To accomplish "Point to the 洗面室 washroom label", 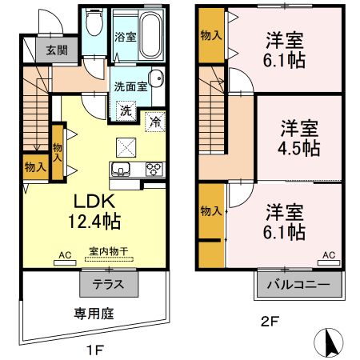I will (129, 86).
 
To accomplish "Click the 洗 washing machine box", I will (126, 111).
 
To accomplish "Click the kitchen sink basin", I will (122, 168).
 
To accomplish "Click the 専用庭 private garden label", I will (94, 313).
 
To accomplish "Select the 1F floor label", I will (94, 350).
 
